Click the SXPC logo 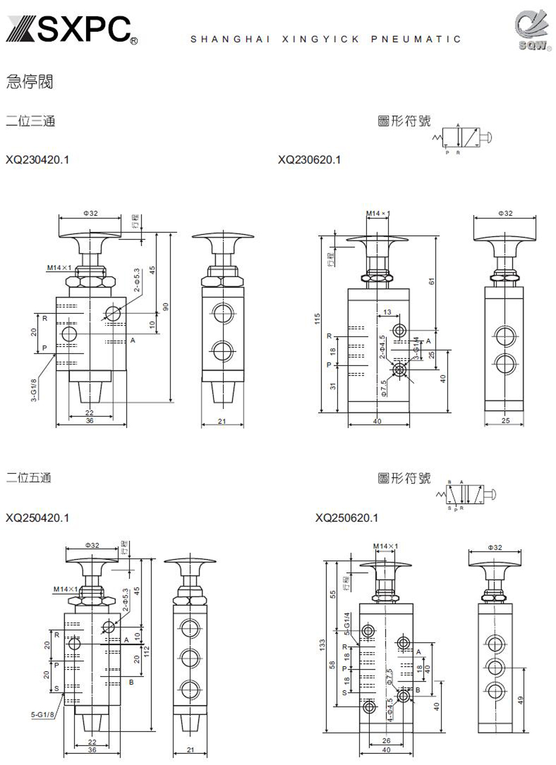(x=71, y=29)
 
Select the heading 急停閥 (x=29, y=82)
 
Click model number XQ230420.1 (x=37, y=160)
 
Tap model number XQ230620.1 (x=309, y=160)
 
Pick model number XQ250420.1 (x=37, y=518)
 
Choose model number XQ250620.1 (x=346, y=518)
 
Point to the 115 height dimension (x=317, y=319)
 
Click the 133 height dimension (x=322, y=645)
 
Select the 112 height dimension (x=147, y=652)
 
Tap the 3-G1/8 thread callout (x=34, y=389)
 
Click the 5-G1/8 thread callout (x=42, y=714)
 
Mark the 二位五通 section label (x=28, y=478)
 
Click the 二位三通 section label (x=31, y=121)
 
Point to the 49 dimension (x=521, y=700)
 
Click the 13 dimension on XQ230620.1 (x=387, y=312)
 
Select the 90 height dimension (x=165, y=306)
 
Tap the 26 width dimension (x=386, y=740)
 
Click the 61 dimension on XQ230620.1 (x=431, y=282)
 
